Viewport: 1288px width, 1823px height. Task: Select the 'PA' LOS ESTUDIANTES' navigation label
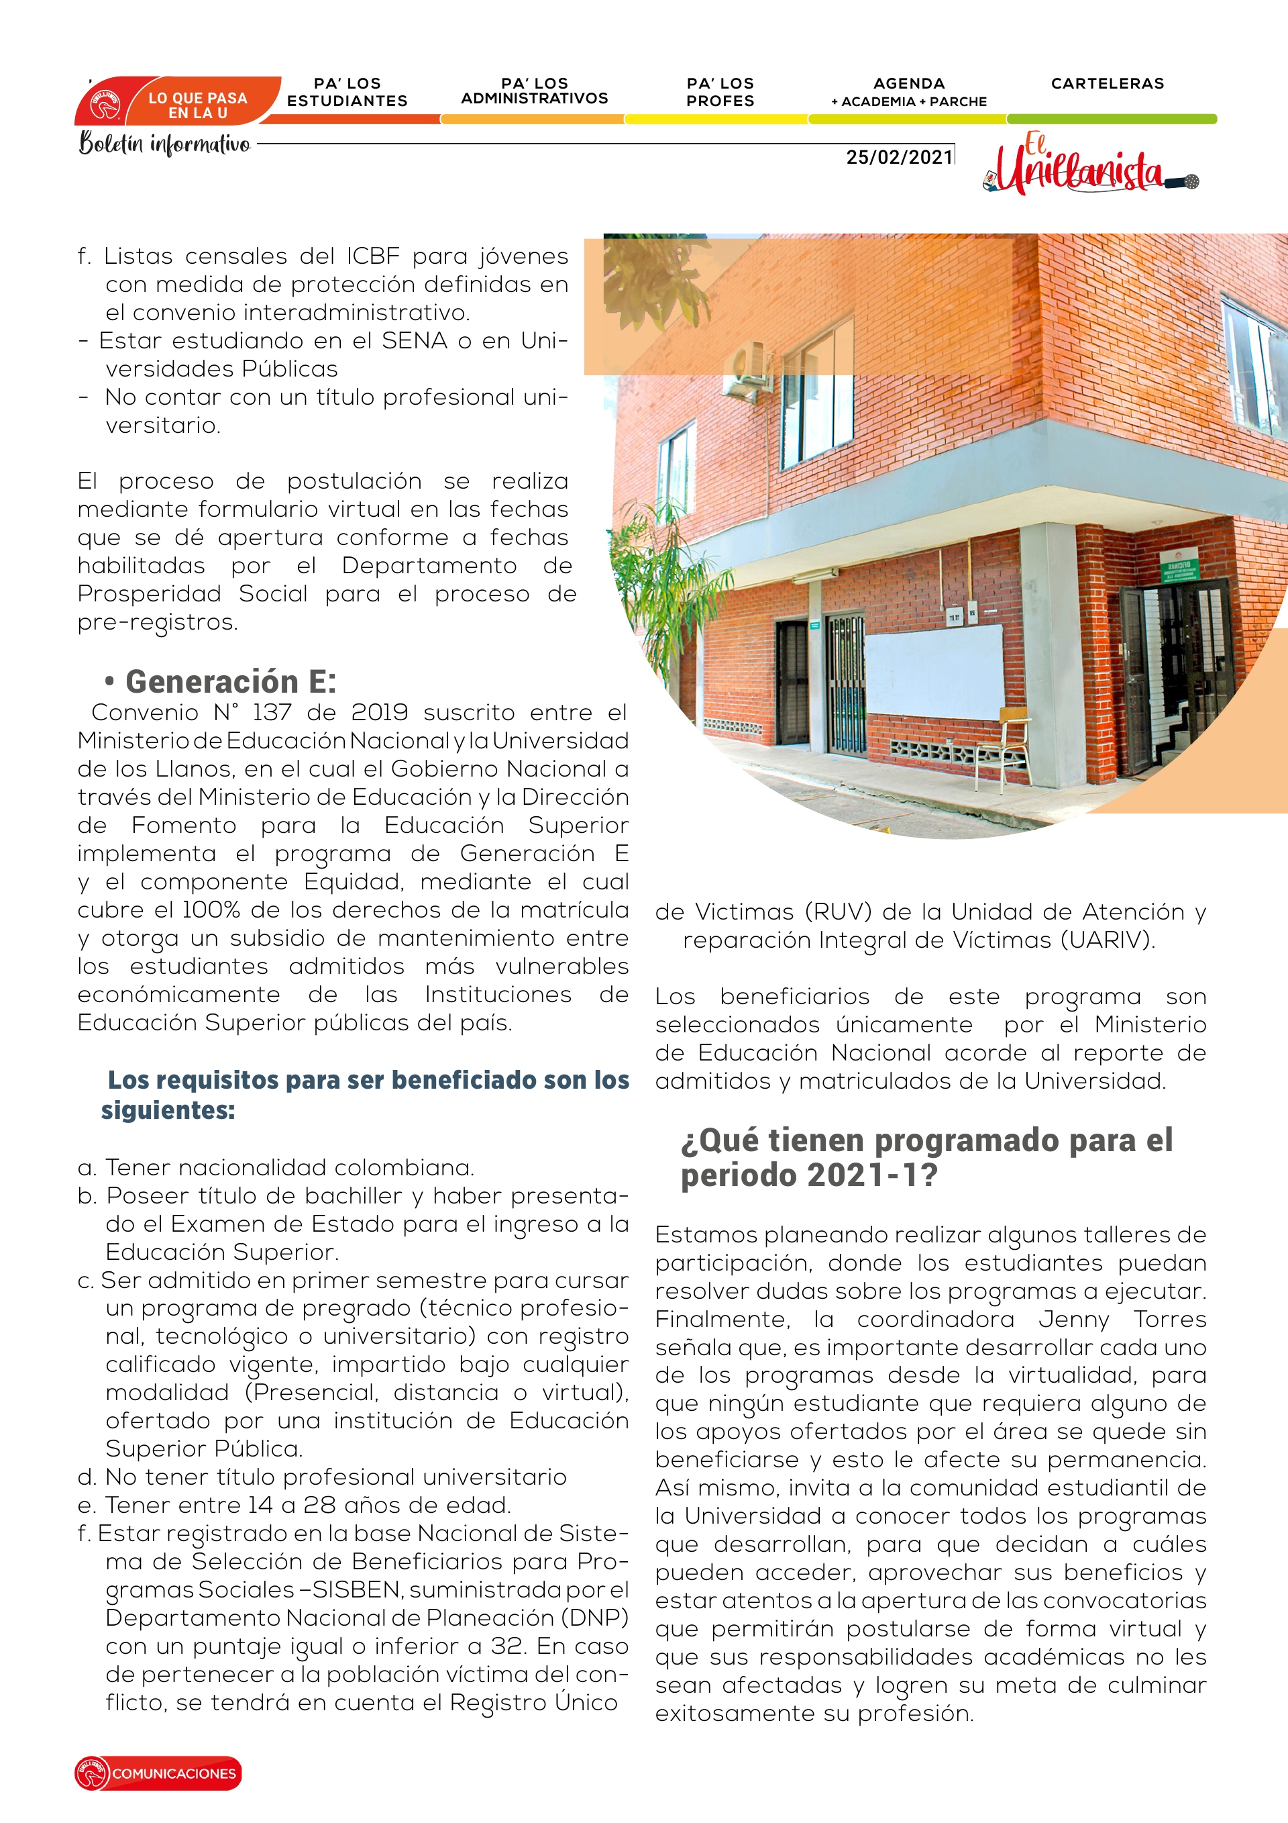(x=347, y=92)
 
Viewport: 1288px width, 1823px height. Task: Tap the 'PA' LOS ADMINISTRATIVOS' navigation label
(x=534, y=91)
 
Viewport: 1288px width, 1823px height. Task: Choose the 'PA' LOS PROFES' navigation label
(x=720, y=92)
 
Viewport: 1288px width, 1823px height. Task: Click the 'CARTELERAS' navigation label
(x=1107, y=83)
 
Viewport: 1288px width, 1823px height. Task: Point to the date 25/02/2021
(x=899, y=157)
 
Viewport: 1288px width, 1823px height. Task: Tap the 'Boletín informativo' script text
(x=165, y=144)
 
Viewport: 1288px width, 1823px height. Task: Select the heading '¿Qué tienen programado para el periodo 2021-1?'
(x=926, y=1157)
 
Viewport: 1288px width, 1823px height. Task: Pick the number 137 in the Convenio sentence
(x=272, y=712)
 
